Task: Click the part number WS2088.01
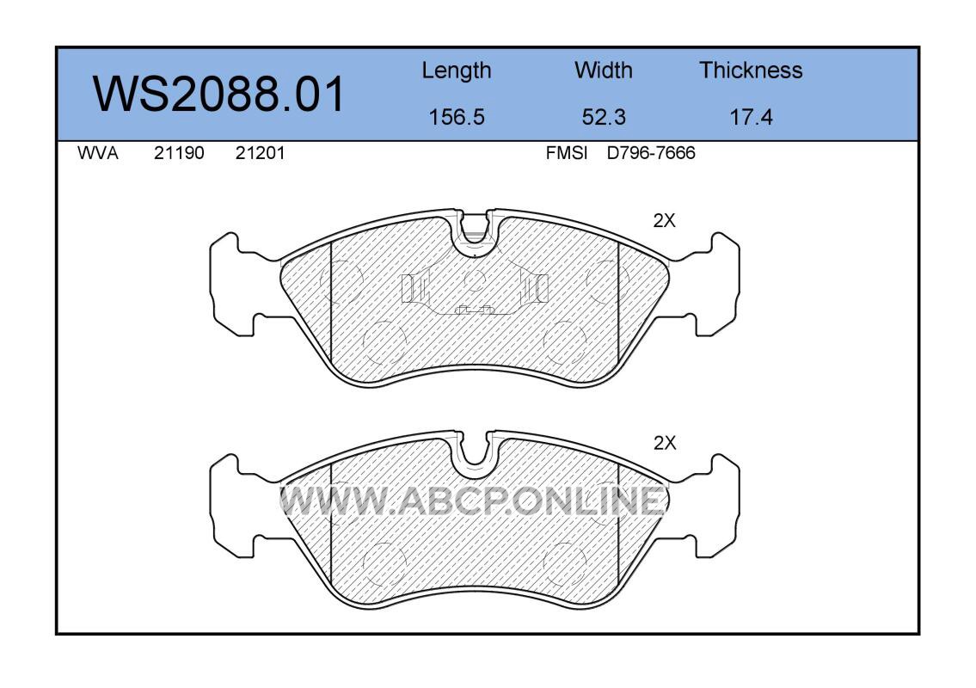[218, 94]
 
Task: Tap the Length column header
[457, 71]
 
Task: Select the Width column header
[603, 71]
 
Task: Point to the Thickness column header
[751, 71]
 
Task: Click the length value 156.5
[457, 117]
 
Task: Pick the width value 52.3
[604, 117]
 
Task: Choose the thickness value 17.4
[752, 117]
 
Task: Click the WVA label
[98, 153]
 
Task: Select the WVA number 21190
[179, 153]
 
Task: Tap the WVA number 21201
[260, 153]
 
